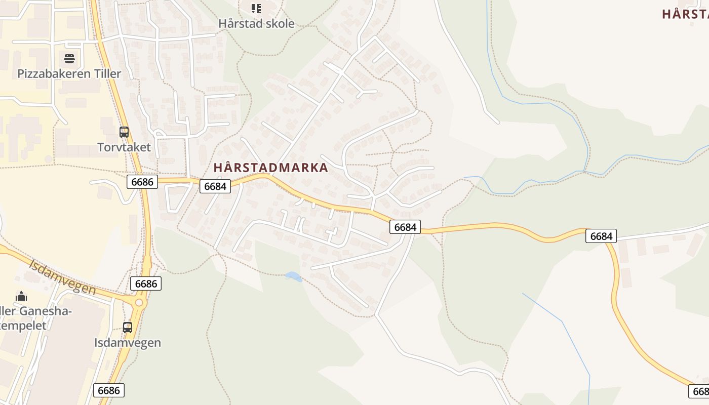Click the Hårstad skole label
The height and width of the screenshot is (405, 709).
point(256,23)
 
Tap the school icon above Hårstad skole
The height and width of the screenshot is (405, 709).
point(256,8)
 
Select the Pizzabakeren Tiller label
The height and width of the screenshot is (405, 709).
point(69,73)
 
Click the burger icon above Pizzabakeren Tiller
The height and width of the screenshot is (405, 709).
point(69,58)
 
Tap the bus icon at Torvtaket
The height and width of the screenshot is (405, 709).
point(124,132)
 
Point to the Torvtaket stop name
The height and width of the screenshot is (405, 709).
point(124,147)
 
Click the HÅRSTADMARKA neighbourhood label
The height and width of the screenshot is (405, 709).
point(271,168)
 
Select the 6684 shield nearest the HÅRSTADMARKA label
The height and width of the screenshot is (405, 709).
point(215,186)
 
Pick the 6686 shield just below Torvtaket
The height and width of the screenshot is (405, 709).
point(142,182)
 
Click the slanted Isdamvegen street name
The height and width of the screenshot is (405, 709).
point(62,277)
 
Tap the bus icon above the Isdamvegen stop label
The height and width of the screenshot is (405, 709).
point(128,327)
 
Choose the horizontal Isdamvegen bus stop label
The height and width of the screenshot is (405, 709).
point(128,343)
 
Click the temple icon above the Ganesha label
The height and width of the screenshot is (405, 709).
point(21,296)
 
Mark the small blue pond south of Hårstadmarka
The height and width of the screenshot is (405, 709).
point(294,276)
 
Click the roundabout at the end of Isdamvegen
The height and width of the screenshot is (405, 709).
point(139,303)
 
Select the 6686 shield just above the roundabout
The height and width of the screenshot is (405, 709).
point(146,283)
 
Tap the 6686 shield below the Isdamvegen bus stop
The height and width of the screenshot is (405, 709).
point(109,390)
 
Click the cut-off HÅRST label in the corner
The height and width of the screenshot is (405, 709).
point(685,14)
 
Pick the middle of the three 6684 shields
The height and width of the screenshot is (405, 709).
point(405,227)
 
